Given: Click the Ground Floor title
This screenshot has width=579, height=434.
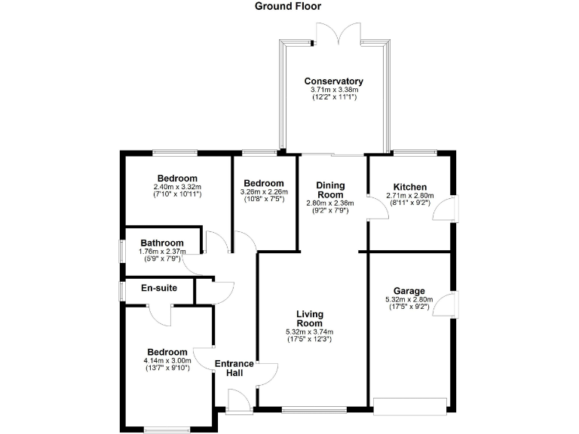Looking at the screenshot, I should (x=287, y=7).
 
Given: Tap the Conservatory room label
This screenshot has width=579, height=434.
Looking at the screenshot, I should (x=333, y=81).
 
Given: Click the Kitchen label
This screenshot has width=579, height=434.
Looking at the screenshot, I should (x=409, y=187).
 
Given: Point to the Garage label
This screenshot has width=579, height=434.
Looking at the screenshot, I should (x=409, y=291).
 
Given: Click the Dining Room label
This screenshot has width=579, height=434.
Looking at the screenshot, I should (x=330, y=190).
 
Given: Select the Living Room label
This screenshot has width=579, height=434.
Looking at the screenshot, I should (x=309, y=319).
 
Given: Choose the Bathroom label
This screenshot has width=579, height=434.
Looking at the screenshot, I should (x=161, y=243).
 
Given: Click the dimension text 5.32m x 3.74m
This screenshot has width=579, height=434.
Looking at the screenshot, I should (x=309, y=332).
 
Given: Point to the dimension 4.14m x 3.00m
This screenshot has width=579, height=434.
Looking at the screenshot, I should (x=167, y=361).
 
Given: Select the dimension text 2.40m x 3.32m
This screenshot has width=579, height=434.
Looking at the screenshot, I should (x=177, y=188).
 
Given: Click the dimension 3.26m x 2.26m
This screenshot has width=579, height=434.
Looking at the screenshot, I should (x=263, y=192).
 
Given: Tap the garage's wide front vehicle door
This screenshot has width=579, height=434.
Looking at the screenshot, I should (x=410, y=406).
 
